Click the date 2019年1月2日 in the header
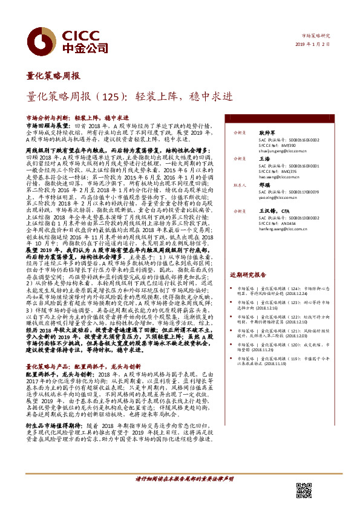[317, 44]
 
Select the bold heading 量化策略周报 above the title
[53, 77]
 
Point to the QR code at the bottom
[304, 490]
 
